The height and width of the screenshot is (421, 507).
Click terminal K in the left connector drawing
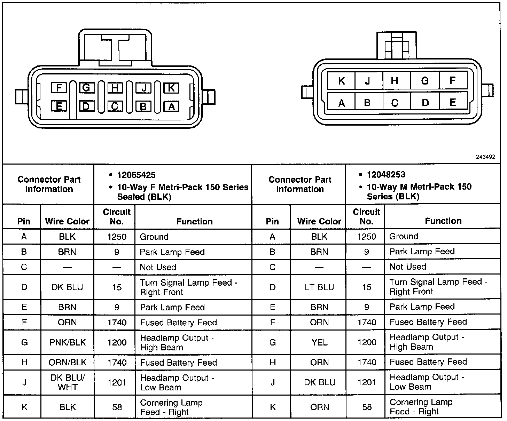pyautogui.click(x=171, y=88)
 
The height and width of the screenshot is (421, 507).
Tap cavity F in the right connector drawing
pyautogui.click(x=453, y=81)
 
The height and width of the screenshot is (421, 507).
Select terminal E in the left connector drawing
pyautogui.click(x=59, y=106)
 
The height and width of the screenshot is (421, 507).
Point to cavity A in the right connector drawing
pyautogui.click(x=341, y=103)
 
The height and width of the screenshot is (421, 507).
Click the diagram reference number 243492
pyautogui.click(x=485, y=157)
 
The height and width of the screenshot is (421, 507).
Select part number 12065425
pyautogui.click(x=136, y=175)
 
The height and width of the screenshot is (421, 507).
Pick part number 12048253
pyautogui.click(x=386, y=174)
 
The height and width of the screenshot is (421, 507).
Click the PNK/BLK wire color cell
pyautogui.click(x=67, y=342)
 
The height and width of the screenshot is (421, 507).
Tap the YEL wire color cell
pyautogui.click(x=319, y=342)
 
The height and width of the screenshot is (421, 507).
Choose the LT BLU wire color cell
pyautogui.click(x=319, y=287)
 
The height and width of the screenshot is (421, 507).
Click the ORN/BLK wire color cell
pyautogui.click(x=67, y=363)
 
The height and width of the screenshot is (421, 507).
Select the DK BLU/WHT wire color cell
pyautogui.click(x=67, y=382)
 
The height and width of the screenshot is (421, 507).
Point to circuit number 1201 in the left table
pyautogui.click(x=117, y=382)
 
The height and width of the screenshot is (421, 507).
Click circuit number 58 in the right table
pyautogui.click(x=367, y=407)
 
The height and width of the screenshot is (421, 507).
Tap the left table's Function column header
pyautogui.click(x=194, y=221)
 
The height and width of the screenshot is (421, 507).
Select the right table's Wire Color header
pyautogui.click(x=319, y=221)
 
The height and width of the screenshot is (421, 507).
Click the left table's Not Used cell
pyautogui.click(x=158, y=267)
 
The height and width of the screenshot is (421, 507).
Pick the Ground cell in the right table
pyautogui.click(x=404, y=237)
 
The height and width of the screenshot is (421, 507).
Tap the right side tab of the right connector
pyautogui.click(x=489, y=90)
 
